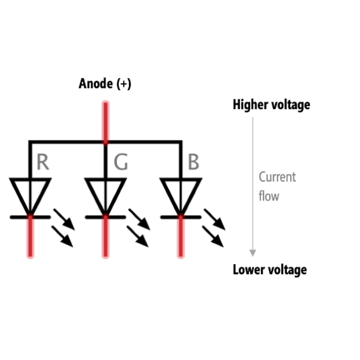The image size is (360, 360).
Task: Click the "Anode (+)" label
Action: [x=105, y=84]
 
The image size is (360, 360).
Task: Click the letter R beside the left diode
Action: [x=43, y=162]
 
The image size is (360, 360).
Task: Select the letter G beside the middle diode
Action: [x=121, y=162]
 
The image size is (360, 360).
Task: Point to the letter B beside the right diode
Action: [x=193, y=162]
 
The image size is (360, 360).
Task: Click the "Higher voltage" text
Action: [x=271, y=105]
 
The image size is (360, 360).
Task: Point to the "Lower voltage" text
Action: [x=270, y=270]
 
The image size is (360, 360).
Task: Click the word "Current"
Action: [x=277, y=177]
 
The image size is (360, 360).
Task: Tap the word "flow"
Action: [x=269, y=196]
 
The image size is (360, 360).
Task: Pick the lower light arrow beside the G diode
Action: [x=138, y=236]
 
